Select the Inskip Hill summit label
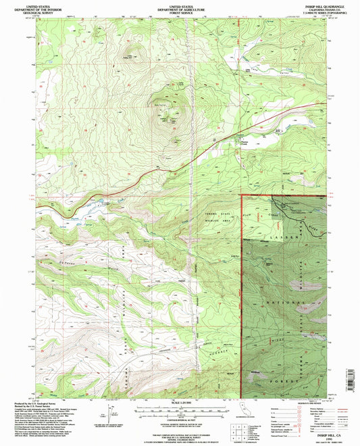[160, 105]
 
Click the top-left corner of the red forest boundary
[242, 195]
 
